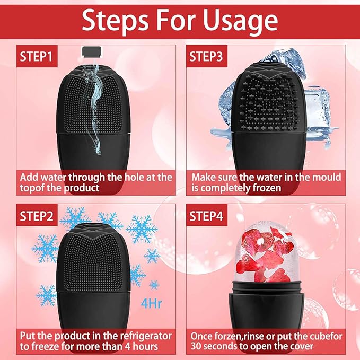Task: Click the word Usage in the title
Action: pyautogui.click(x=239, y=21)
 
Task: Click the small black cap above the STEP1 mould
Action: pyautogui.click(x=92, y=51)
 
